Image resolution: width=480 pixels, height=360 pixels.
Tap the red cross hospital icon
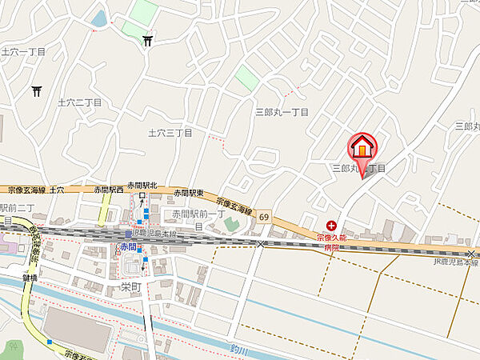pyautogui.click(x=331, y=226)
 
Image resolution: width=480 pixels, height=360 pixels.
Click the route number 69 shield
pyautogui.click(x=264, y=218)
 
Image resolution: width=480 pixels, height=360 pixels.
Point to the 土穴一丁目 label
pyautogui.click(x=25, y=51)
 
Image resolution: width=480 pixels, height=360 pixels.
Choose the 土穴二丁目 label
pyautogui.click(x=80, y=102)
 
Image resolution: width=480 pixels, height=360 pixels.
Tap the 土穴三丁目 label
pyautogui.click(x=170, y=133)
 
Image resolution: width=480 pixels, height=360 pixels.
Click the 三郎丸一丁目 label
pyautogui.click(x=282, y=113)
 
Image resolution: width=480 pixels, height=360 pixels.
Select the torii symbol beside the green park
pyautogui.click(x=149, y=40)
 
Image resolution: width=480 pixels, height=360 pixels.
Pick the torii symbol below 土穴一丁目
pyautogui.click(x=36, y=91)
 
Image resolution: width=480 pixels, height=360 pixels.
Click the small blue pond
pyautogui.click(x=99, y=17)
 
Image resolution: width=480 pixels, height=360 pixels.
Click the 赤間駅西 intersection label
pyautogui.click(x=107, y=190)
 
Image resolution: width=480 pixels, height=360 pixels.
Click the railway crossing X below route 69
pyautogui.click(x=262, y=244)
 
